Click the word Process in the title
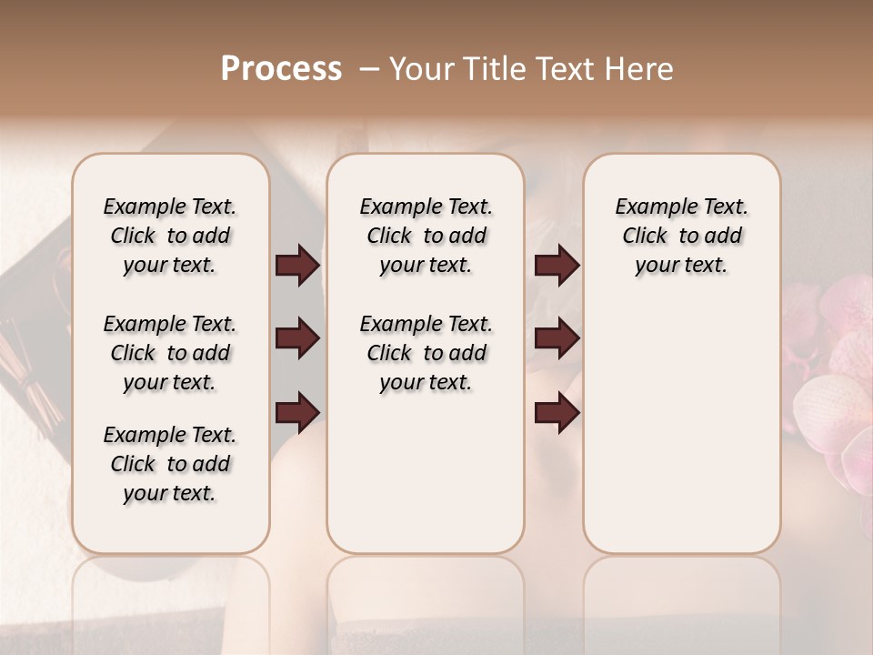(281, 69)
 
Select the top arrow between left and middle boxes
(297, 266)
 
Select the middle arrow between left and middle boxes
(297, 339)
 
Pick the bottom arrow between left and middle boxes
(297, 412)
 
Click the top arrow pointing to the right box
(557, 266)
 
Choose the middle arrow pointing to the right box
(557, 339)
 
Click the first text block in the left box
(170, 236)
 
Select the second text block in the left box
(170, 353)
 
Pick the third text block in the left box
(170, 464)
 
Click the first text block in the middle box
(426, 236)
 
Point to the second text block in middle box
(426, 353)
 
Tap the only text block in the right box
(681, 236)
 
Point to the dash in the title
(369, 70)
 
